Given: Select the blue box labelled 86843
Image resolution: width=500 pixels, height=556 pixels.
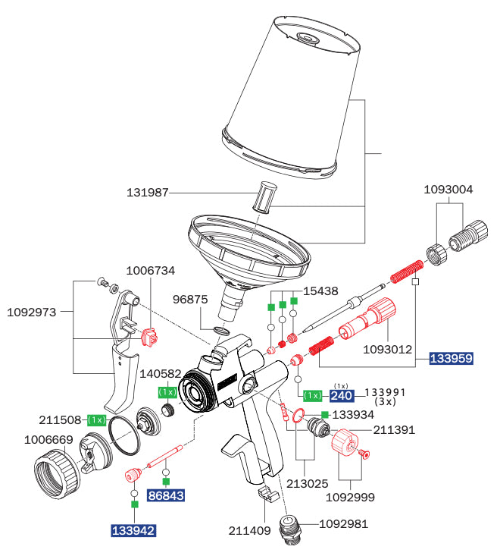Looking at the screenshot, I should pos(166,495).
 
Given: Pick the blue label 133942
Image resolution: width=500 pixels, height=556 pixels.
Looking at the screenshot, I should pos(133,530).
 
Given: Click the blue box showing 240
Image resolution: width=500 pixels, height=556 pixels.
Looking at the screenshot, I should pos(342,395).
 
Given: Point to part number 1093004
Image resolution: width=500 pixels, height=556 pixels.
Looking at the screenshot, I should pos(448,190).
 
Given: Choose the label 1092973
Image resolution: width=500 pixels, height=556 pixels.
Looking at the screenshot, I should pos(32,311).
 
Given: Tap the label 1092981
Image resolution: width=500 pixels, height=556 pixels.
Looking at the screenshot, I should pos(343,523).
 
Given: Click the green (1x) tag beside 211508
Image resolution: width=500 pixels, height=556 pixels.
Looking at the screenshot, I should pos(96,419).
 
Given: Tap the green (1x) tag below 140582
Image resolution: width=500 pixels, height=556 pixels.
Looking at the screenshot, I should pos(167,391).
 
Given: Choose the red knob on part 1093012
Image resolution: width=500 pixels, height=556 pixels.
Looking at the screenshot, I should pos(384,310).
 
